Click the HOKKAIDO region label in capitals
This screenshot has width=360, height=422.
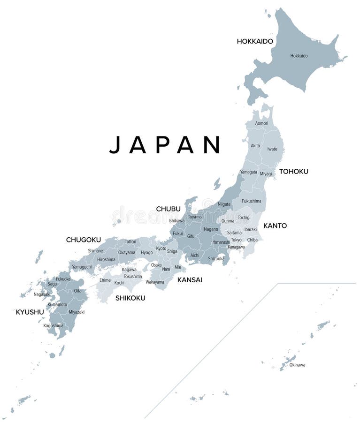click(x=255, y=41)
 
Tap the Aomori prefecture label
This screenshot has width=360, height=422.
click(x=261, y=123)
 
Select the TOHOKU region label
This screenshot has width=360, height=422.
click(x=293, y=172)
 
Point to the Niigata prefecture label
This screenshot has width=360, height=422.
click(x=224, y=204)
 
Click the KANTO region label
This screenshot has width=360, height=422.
click(x=275, y=226)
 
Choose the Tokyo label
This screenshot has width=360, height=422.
click(x=236, y=240)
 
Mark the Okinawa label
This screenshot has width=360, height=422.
click(x=297, y=365)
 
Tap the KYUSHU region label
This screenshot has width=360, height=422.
click(x=30, y=312)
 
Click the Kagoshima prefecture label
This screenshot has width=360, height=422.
click(x=53, y=325)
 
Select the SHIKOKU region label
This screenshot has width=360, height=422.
click(x=130, y=298)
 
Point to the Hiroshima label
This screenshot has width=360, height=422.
click(x=106, y=259)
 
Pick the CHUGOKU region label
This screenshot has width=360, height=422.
click(x=83, y=240)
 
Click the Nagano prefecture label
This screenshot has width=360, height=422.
click(x=211, y=229)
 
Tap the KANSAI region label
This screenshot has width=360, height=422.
click(x=190, y=280)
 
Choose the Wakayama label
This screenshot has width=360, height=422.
click(x=155, y=282)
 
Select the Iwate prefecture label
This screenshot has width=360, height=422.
click(x=272, y=149)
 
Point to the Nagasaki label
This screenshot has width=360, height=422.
click(x=42, y=294)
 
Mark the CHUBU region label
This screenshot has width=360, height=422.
click(x=168, y=209)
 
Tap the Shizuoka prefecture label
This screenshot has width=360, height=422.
click(x=216, y=258)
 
